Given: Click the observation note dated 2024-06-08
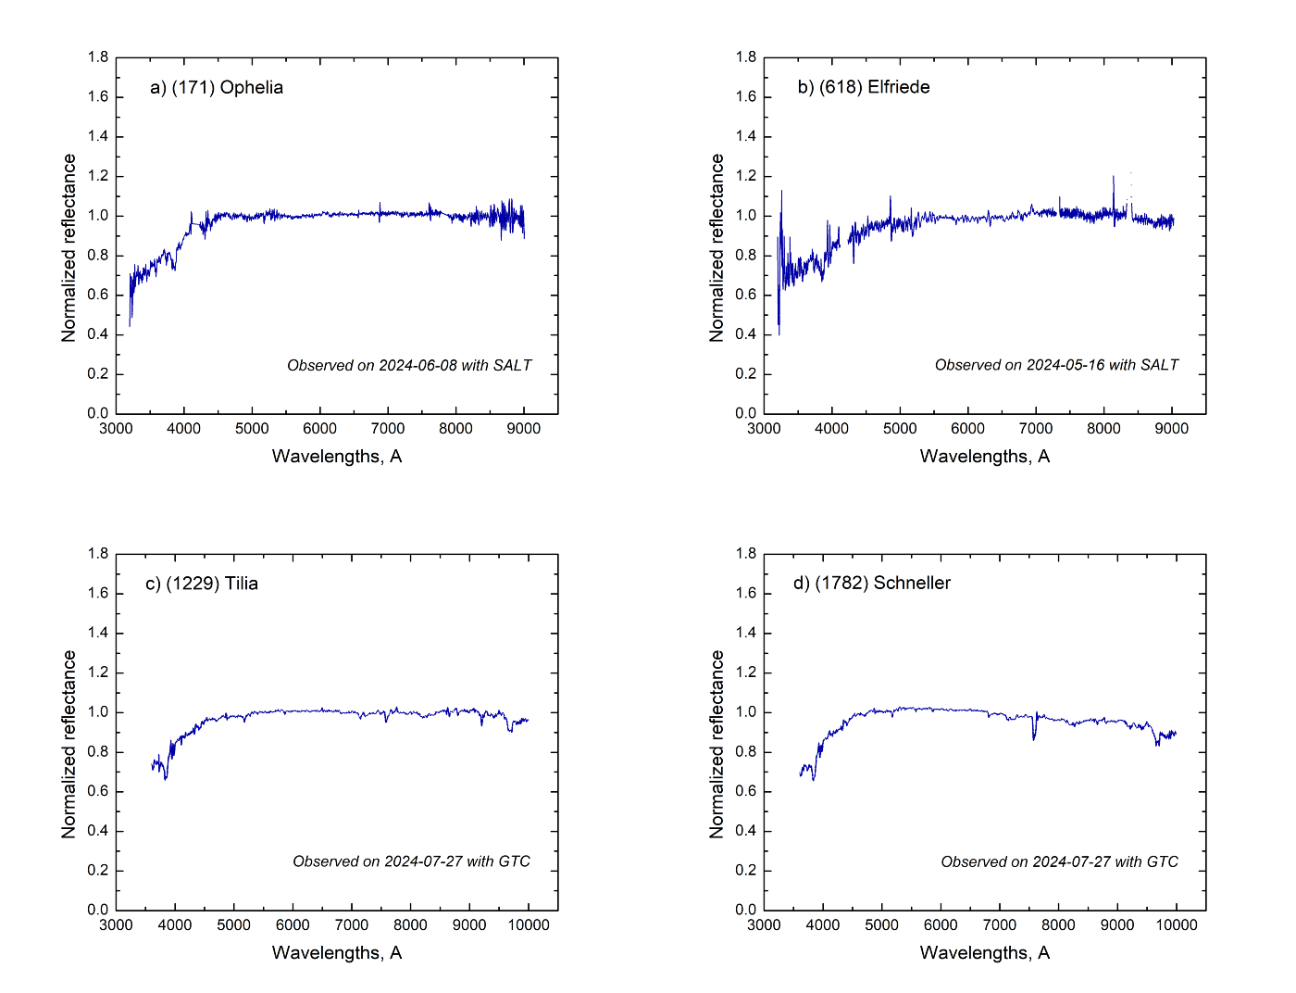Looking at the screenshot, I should click(x=409, y=365).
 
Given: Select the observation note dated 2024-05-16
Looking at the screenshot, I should click(x=1056, y=365).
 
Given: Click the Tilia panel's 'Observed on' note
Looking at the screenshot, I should click(x=411, y=861).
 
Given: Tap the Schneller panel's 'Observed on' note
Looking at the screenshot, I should click(x=1059, y=861).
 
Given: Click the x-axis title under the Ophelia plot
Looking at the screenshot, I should click(x=337, y=456).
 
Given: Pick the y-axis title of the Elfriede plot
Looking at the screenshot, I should click(x=717, y=248).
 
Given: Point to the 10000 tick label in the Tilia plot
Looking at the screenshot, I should click(x=528, y=924).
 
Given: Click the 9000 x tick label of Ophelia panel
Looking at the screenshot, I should click(x=524, y=428).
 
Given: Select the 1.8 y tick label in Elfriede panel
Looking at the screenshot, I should click(x=746, y=57).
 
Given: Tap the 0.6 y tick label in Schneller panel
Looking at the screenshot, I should click(x=746, y=791).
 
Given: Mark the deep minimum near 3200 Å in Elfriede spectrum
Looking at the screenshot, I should click(x=779, y=332).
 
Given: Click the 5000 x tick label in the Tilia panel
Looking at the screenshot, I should click(x=233, y=924).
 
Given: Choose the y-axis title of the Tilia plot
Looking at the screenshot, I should click(x=69, y=745).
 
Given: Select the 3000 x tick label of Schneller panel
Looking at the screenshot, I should click(x=764, y=924).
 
